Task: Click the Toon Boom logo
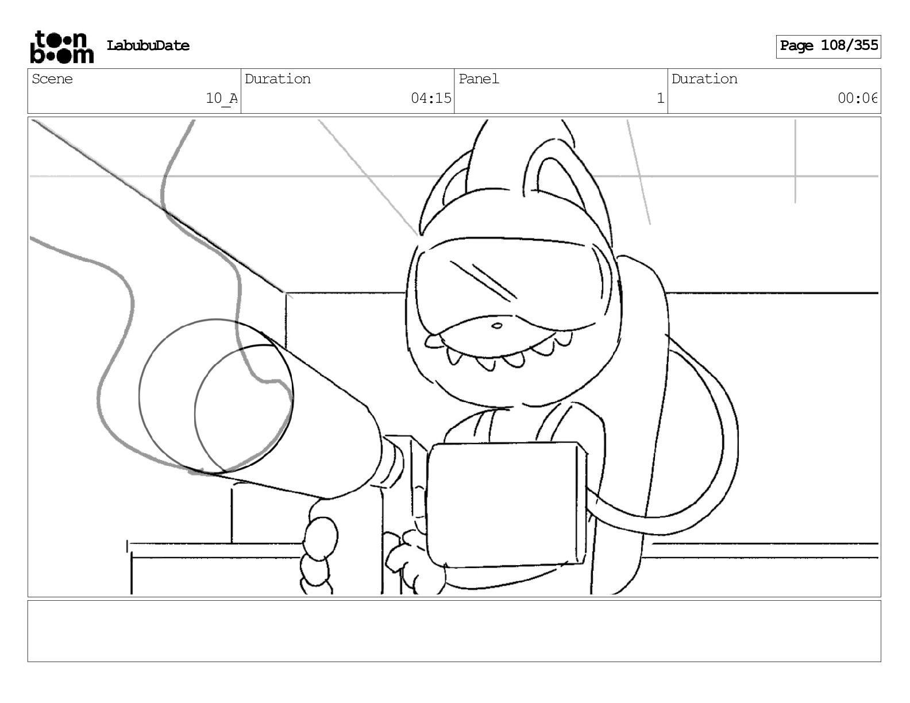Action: point(61,47)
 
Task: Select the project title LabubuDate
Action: point(148,46)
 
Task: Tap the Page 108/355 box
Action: point(828,46)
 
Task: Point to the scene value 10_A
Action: point(221,98)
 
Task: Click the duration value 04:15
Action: point(431,98)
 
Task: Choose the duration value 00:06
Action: point(857,98)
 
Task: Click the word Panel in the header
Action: point(479,79)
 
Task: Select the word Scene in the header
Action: point(52,79)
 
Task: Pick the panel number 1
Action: point(660,98)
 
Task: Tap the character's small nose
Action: point(497,326)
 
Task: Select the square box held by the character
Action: point(506,503)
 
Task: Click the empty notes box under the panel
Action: point(454,631)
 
